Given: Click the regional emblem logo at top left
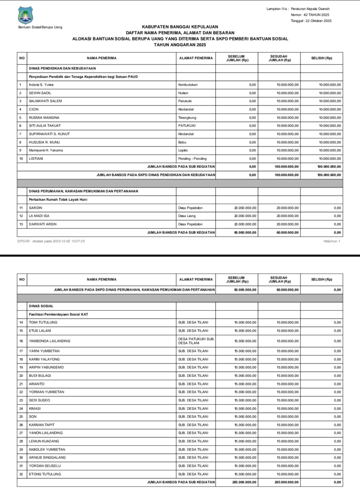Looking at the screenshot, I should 25,15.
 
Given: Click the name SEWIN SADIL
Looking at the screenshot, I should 40,93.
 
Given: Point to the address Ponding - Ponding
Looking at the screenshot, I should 192,158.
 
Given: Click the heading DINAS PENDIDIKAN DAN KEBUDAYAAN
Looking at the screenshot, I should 62,68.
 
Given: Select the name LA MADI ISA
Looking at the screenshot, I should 40,216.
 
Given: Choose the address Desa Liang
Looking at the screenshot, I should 187,216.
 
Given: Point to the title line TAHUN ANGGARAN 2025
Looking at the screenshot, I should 180,44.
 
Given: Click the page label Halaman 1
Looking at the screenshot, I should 332,241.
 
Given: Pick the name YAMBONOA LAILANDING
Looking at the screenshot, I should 50,341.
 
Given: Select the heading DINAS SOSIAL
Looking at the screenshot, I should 41,306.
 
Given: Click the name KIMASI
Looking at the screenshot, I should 36,408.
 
